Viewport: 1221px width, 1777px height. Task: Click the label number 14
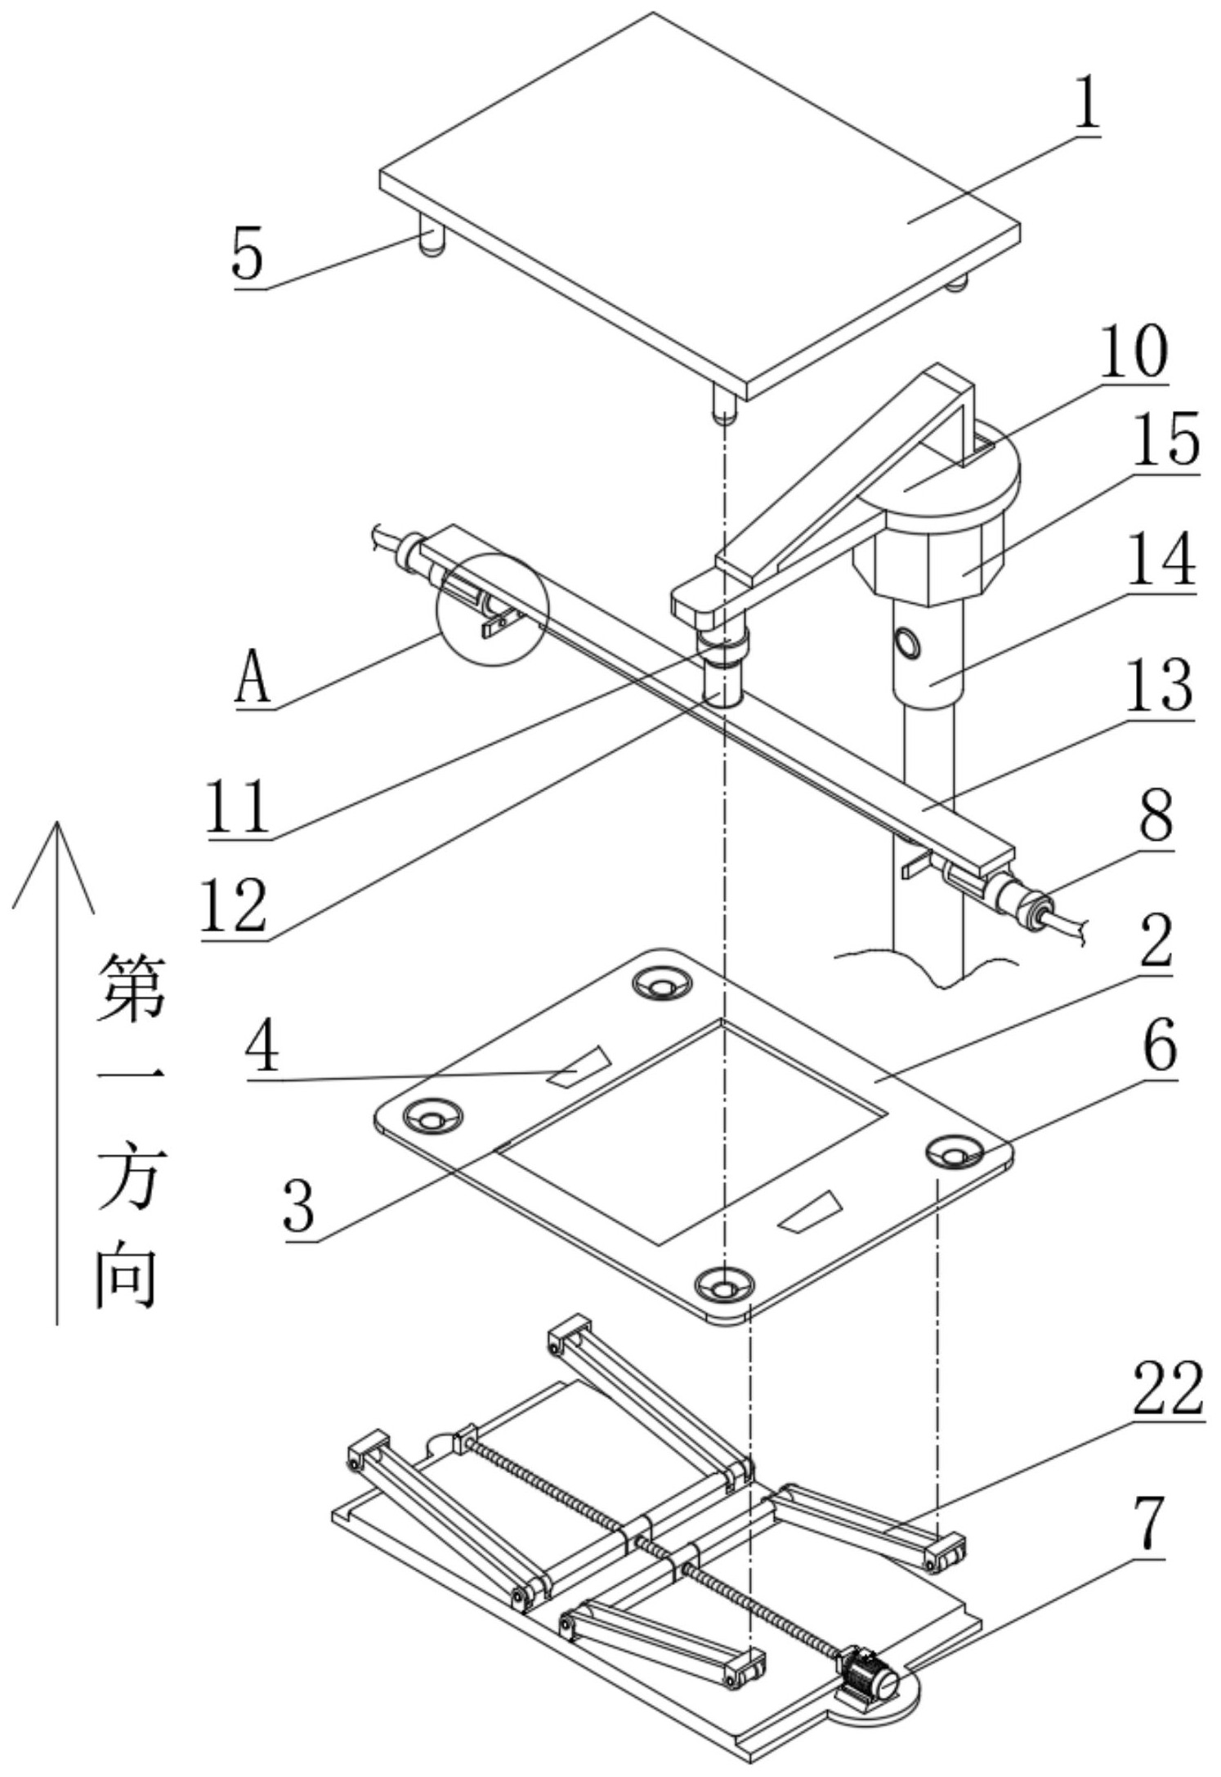click(1161, 560)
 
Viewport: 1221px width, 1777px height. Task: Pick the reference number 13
click(1158, 685)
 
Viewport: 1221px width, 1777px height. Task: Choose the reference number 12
click(235, 905)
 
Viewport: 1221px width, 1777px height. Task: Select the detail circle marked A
click(494, 609)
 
